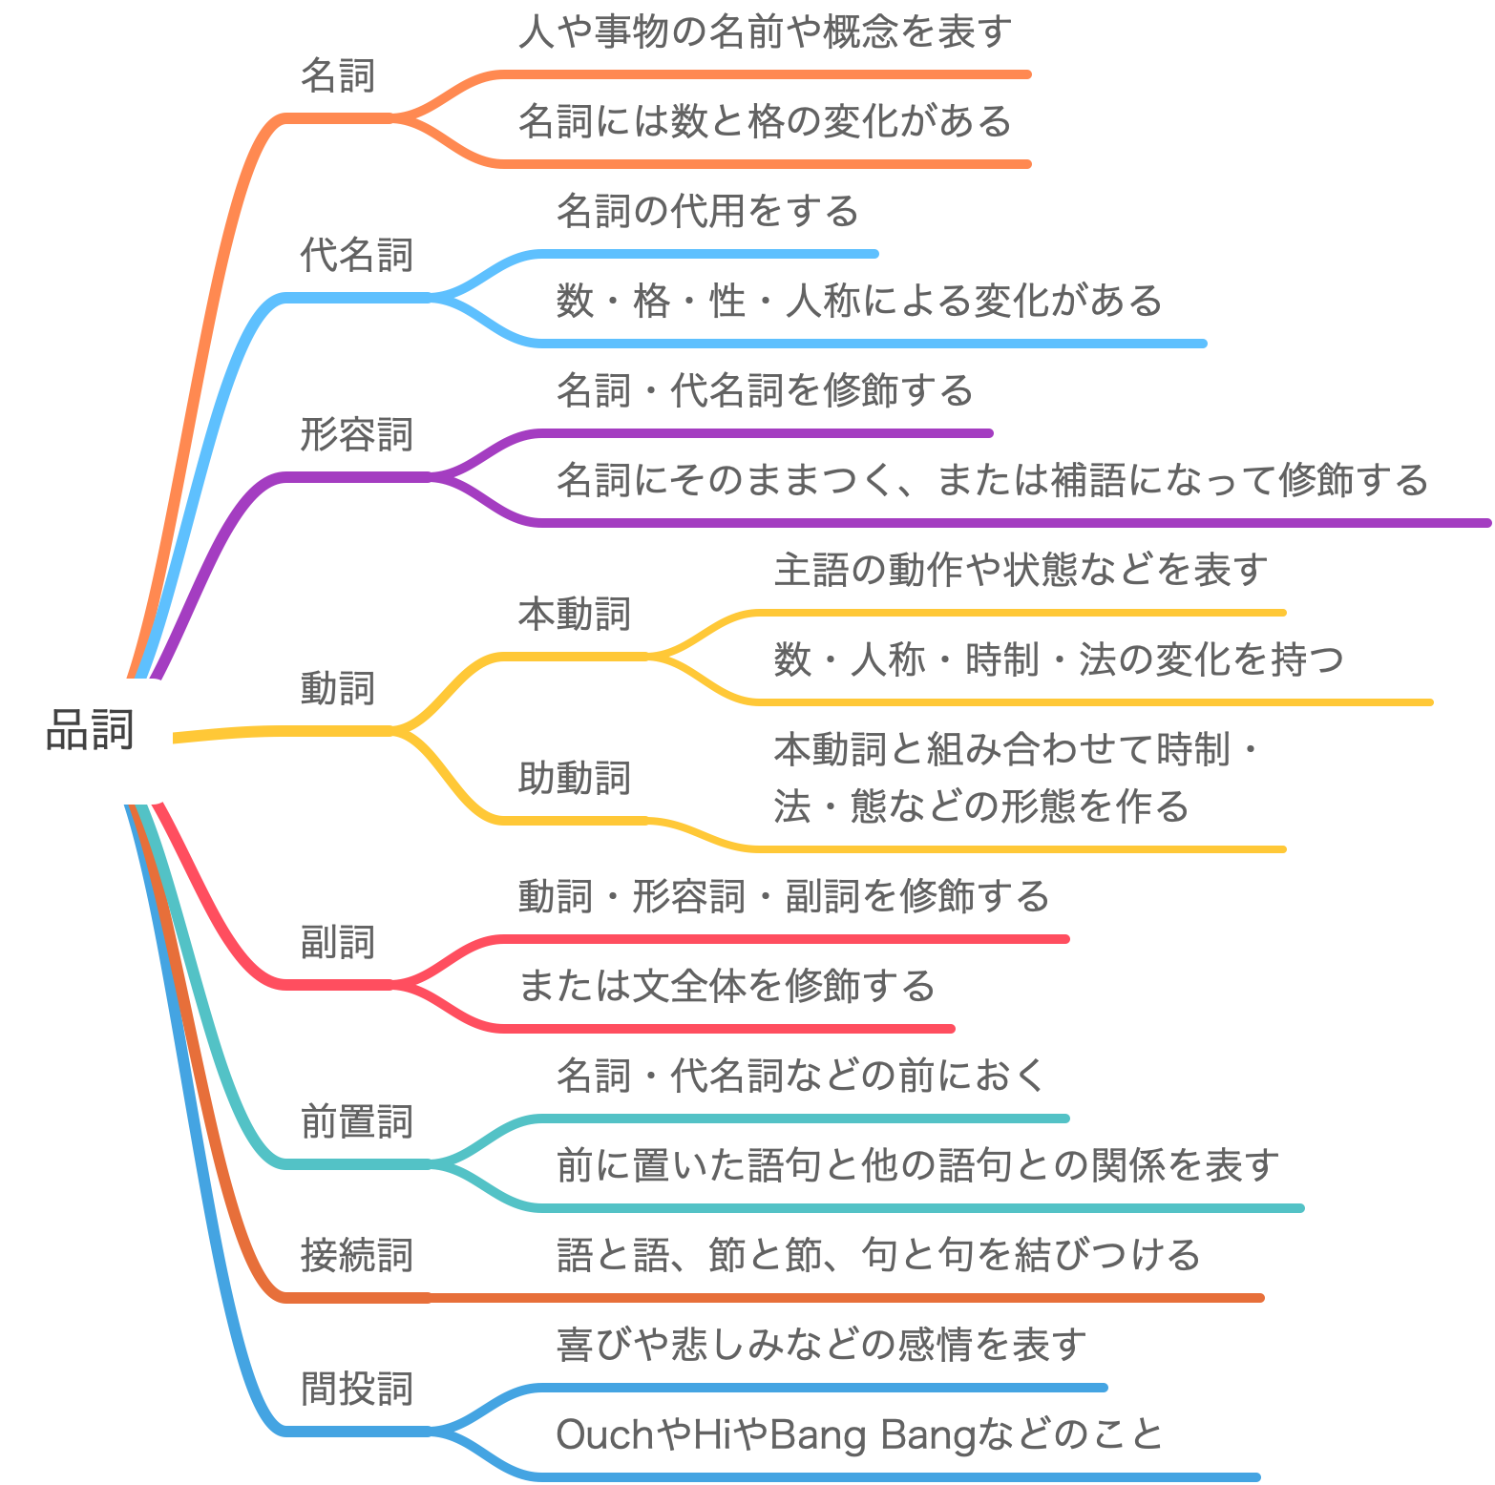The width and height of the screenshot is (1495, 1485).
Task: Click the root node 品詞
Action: pyautogui.click(x=90, y=730)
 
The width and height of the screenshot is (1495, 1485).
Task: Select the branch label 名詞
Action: pyautogui.click(x=338, y=75)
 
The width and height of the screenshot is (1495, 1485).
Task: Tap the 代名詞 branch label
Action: pyautogui.click(x=357, y=255)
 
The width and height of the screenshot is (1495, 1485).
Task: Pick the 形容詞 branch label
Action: pyautogui.click(x=357, y=434)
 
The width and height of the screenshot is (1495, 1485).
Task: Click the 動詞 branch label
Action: pyautogui.click(x=338, y=688)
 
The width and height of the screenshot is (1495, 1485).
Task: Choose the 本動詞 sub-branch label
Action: pyautogui.click(x=575, y=614)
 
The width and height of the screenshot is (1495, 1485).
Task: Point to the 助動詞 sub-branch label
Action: pyautogui.click(x=575, y=778)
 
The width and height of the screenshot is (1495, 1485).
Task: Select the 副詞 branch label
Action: pyautogui.click(x=338, y=942)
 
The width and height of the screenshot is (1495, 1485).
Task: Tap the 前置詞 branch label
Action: pyautogui.click(x=357, y=1121)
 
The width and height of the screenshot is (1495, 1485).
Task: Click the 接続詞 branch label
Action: pyautogui.click(x=357, y=1255)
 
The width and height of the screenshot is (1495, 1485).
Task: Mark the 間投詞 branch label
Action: pyautogui.click(x=357, y=1389)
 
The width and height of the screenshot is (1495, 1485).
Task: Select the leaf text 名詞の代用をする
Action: pyautogui.click(x=707, y=211)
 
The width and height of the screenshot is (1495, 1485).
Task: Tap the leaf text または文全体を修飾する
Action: pyautogui.click(x=726, y=986)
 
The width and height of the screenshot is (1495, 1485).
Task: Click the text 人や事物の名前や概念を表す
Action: pyautogui.click(x=765, y=31)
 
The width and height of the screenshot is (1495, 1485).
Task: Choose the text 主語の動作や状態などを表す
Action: pyautogui.click(x=1021, y=570)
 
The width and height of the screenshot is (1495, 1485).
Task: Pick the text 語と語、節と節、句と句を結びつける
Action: pyautogui.click(x=878, y=1255)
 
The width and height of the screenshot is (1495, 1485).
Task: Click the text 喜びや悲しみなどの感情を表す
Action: pyautogui.click(x=822, y=1345)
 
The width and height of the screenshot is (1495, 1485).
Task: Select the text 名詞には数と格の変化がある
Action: pyautogui.click(x=765, y=121)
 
